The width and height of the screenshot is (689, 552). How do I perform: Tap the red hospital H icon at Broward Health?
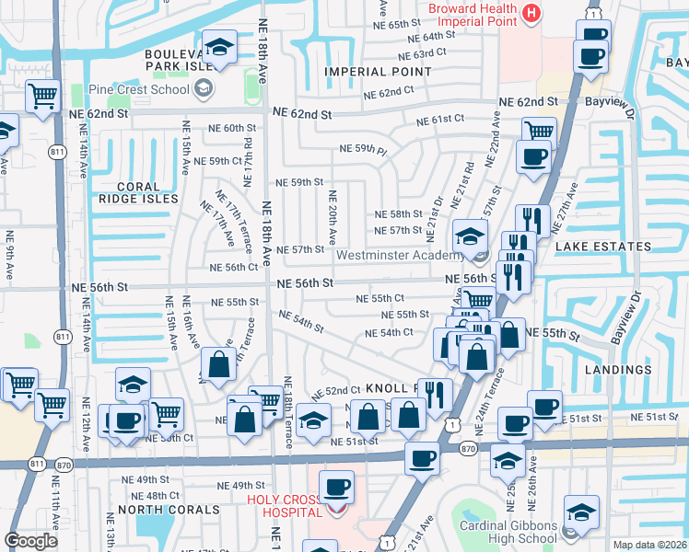point(531,12)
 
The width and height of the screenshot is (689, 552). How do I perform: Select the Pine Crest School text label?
point(138,90)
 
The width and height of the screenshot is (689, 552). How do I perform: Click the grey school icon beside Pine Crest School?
point(204,90)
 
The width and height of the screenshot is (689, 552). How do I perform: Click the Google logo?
point(30,541)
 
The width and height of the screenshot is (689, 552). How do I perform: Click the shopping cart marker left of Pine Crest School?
point(42,96)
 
